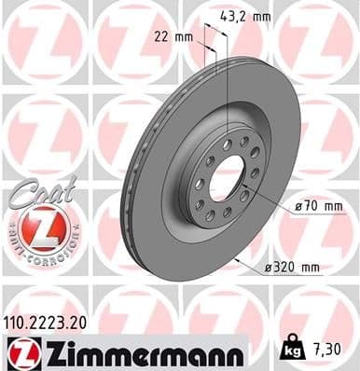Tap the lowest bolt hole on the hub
tap(209, 215)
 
